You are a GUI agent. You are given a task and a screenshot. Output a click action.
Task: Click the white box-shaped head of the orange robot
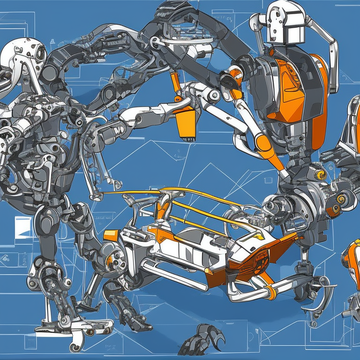[x=285, y=23]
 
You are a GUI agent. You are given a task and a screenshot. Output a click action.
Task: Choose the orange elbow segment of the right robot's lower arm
[x=263, y=142]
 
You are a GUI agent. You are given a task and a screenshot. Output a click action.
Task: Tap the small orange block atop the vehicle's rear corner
[x=111, y=235]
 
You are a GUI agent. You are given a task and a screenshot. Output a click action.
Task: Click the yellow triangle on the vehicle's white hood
[x=256, y=238]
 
